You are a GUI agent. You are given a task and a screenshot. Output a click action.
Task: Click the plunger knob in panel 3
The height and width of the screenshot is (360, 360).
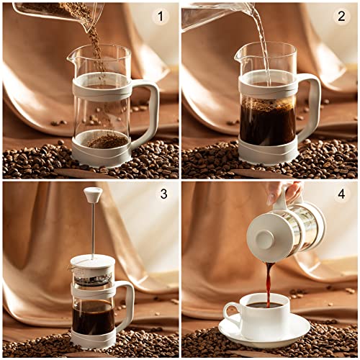(92, 194)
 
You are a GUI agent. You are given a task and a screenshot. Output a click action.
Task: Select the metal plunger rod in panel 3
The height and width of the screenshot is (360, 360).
(92, 230)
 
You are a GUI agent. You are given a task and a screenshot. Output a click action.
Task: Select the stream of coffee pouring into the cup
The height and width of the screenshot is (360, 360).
(269, 281)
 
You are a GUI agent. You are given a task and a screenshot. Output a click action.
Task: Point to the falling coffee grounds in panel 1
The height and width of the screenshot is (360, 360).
(95, 50)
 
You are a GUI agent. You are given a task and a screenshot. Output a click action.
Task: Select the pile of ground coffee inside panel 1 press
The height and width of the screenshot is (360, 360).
(107, 140)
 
